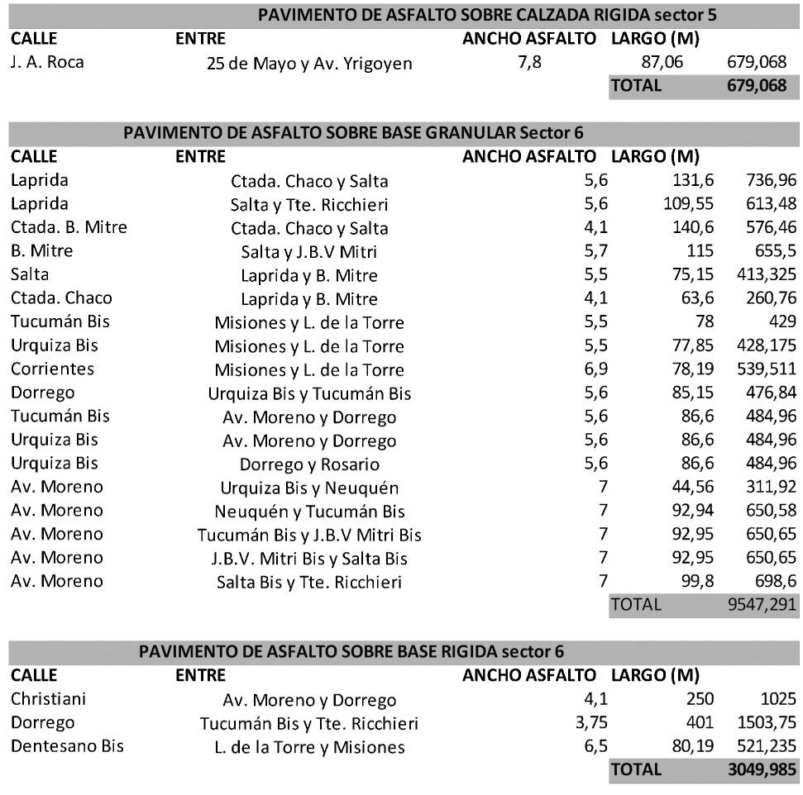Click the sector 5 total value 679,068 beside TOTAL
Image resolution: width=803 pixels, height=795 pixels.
756,84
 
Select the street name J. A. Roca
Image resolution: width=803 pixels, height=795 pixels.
47,61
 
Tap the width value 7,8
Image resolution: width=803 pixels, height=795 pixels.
529,62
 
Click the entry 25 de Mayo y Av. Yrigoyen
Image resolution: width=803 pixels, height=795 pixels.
309,64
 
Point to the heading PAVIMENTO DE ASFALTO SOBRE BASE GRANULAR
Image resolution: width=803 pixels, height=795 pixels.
356,132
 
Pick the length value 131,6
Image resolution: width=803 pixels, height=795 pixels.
694,180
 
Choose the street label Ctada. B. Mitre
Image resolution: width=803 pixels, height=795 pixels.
69,226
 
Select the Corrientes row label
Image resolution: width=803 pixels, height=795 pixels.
52,368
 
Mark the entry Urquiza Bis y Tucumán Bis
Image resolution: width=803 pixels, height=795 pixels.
309,393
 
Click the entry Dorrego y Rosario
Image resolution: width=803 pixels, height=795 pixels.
309,464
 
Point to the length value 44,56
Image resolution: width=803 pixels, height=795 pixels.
694,487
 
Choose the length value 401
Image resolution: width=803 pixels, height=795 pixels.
702,723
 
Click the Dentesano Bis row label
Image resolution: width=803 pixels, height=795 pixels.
67,746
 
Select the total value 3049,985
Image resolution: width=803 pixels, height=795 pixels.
755,769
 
